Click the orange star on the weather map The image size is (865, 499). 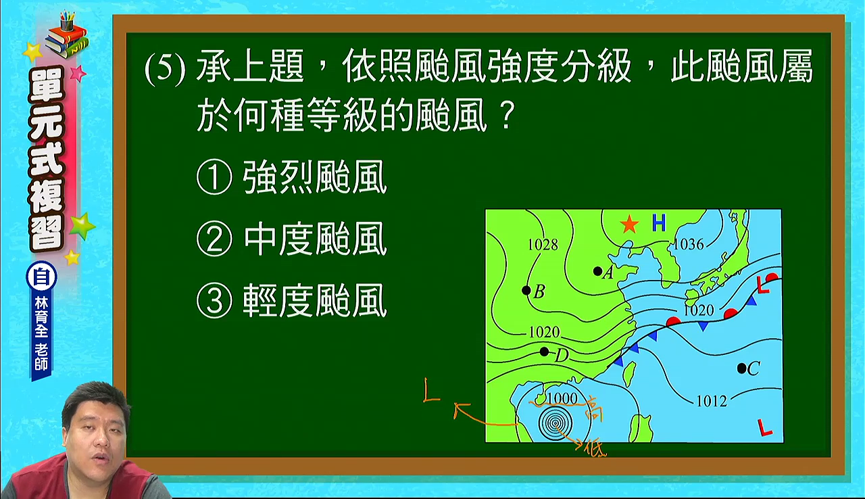pos(629,224)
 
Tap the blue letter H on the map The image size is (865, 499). pos(659,222)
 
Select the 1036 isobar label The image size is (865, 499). pos(689,244)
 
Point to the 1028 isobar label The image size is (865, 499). pos(543,245)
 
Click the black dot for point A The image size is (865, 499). pos(597,271)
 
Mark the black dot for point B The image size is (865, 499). pos(526,290)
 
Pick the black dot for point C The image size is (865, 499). pos(741,369)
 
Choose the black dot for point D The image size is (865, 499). pos(544,352)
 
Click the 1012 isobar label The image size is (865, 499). pos(712,401)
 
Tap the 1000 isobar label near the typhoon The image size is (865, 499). pos(563,398)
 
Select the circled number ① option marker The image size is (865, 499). pos(214,177)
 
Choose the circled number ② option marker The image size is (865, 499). pos(214,239)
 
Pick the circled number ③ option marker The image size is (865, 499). pos(214,300)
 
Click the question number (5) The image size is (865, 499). pos(166,68)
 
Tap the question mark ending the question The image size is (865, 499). pos(506,115)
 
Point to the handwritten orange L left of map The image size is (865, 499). pos(431,390)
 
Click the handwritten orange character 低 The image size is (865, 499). pos(595,449)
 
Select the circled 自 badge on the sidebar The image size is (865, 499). pos(41,277)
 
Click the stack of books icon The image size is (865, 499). pos(67,36)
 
